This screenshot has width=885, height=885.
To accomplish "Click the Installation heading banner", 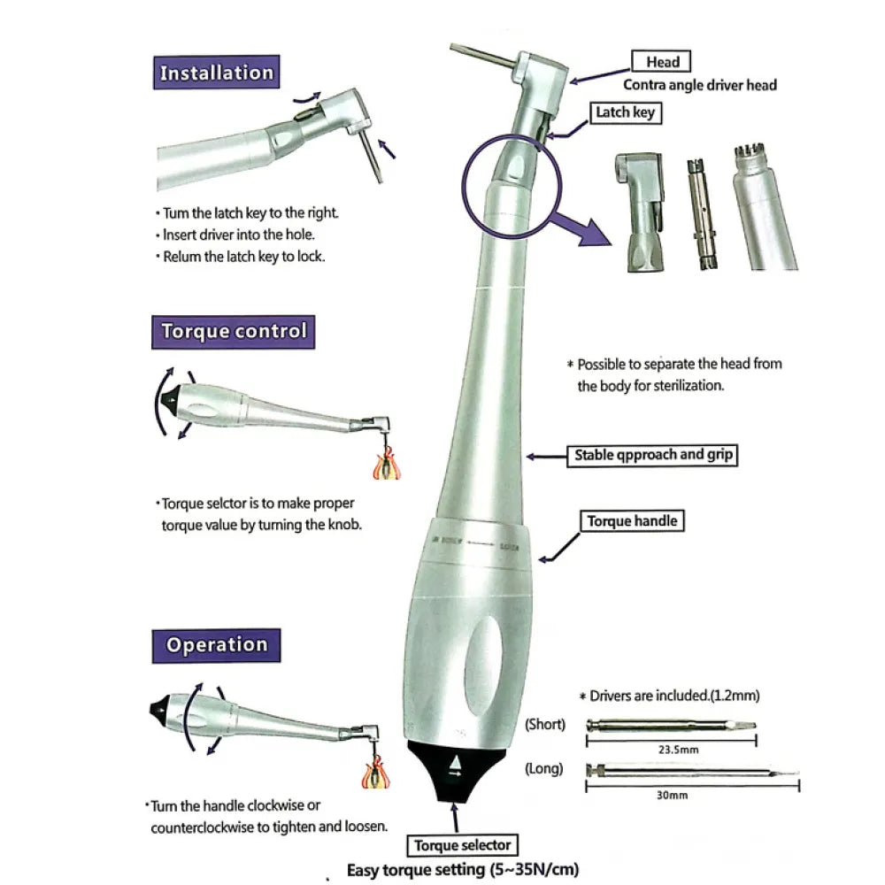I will [x=217, y=72].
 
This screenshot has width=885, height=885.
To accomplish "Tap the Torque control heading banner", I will [x=234, y=332].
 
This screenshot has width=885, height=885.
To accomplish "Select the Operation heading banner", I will [x=217, y=644].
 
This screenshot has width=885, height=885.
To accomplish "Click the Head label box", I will [x=662, y=61].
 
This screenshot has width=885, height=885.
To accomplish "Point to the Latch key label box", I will [x=625, y=112].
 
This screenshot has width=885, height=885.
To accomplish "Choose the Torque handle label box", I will [x=632, y=521].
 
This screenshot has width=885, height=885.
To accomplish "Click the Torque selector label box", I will [x=461, y=844].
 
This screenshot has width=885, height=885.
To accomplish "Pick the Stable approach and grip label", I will [x=651, y=455].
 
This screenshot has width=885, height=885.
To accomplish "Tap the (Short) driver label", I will [x=544, y=724].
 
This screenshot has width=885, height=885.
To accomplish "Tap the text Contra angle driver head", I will [x=700, y=85].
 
